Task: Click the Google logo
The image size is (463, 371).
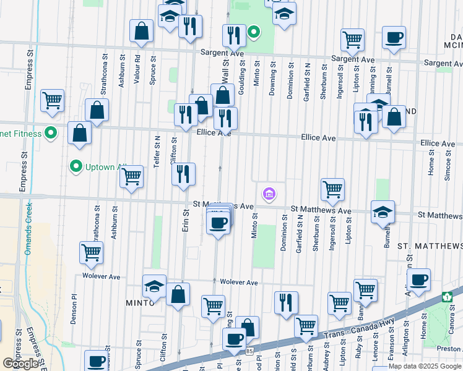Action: click(21, 364)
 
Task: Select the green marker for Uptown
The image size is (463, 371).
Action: click(76, 166)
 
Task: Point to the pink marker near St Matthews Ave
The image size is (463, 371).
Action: click(269, 194)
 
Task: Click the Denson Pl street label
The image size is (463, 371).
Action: click(73, 309)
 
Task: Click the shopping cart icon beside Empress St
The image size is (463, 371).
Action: click(52, 100)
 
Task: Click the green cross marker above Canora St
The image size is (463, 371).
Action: click(447, 297)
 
